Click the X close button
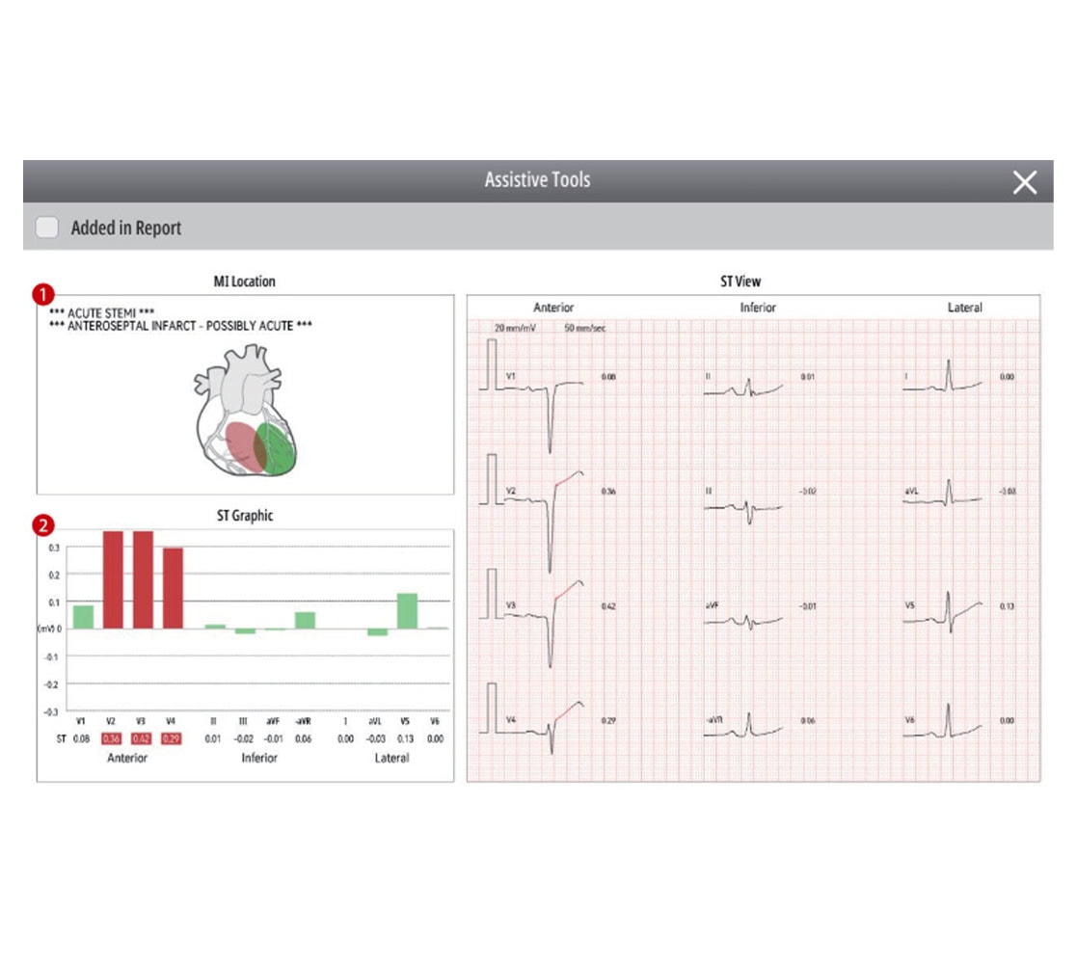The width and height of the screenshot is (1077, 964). point(1024,182)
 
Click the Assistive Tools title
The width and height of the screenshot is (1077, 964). point(537,180)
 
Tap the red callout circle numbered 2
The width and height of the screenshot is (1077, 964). point(42,526)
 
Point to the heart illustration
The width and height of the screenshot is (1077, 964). point(245,414)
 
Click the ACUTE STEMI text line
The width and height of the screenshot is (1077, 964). point(101,313)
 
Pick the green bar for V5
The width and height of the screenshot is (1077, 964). point(407,610)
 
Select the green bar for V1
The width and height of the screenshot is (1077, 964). point(84,616)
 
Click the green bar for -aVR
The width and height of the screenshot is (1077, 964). point(305,620)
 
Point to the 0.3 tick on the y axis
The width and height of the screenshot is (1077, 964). point(54,548)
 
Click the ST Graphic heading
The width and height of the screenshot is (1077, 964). point(244,516)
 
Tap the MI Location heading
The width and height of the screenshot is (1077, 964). point(244,281)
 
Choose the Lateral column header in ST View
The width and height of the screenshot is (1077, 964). point(964,308)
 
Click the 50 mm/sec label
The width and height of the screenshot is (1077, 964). point(585,329)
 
